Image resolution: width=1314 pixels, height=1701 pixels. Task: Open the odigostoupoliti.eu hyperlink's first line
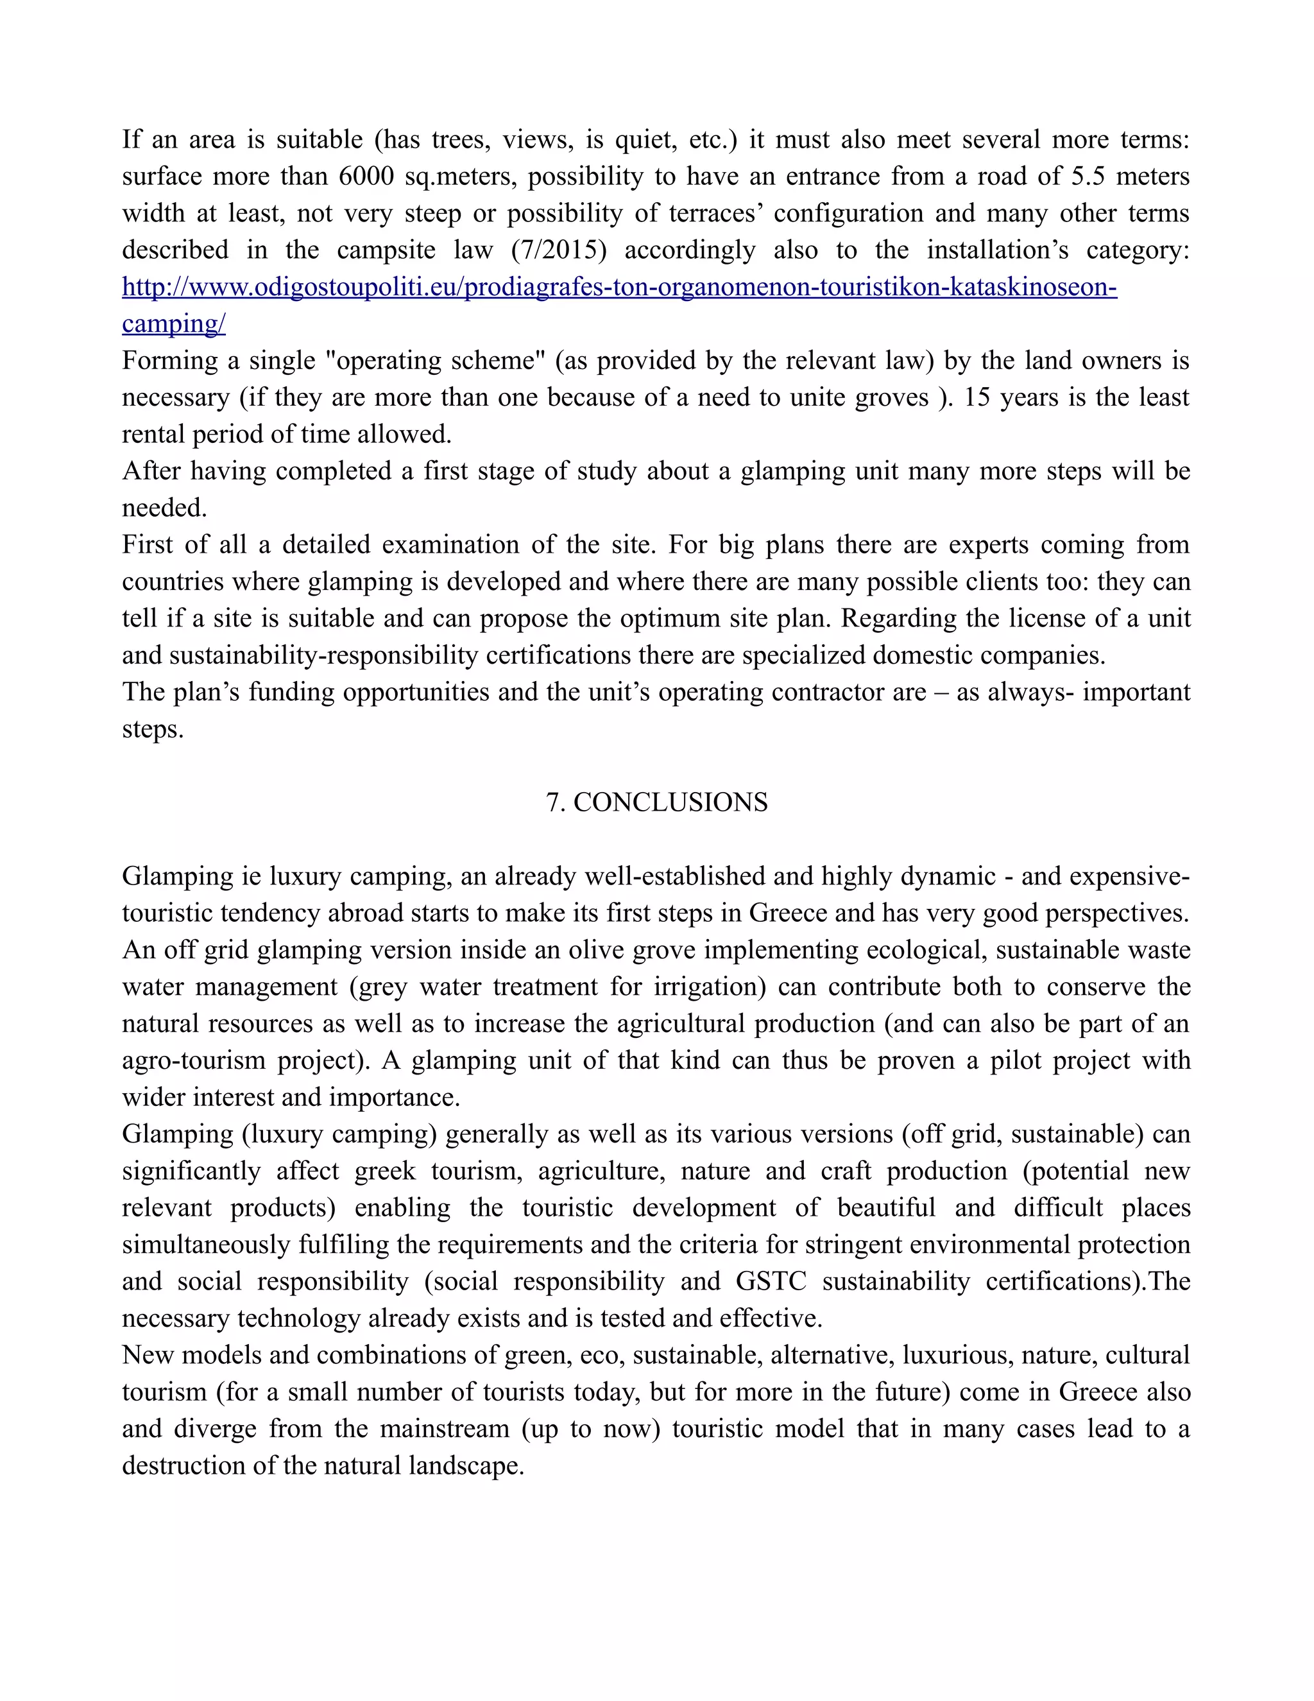coord(620,288)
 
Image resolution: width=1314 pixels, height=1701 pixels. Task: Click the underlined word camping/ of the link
coord(174,324)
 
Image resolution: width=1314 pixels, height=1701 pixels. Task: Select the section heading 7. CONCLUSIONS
coord(657,802)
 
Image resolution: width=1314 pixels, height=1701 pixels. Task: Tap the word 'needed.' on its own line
coord(165,508)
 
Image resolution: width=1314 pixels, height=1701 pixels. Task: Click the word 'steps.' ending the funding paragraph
coord(153,729)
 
